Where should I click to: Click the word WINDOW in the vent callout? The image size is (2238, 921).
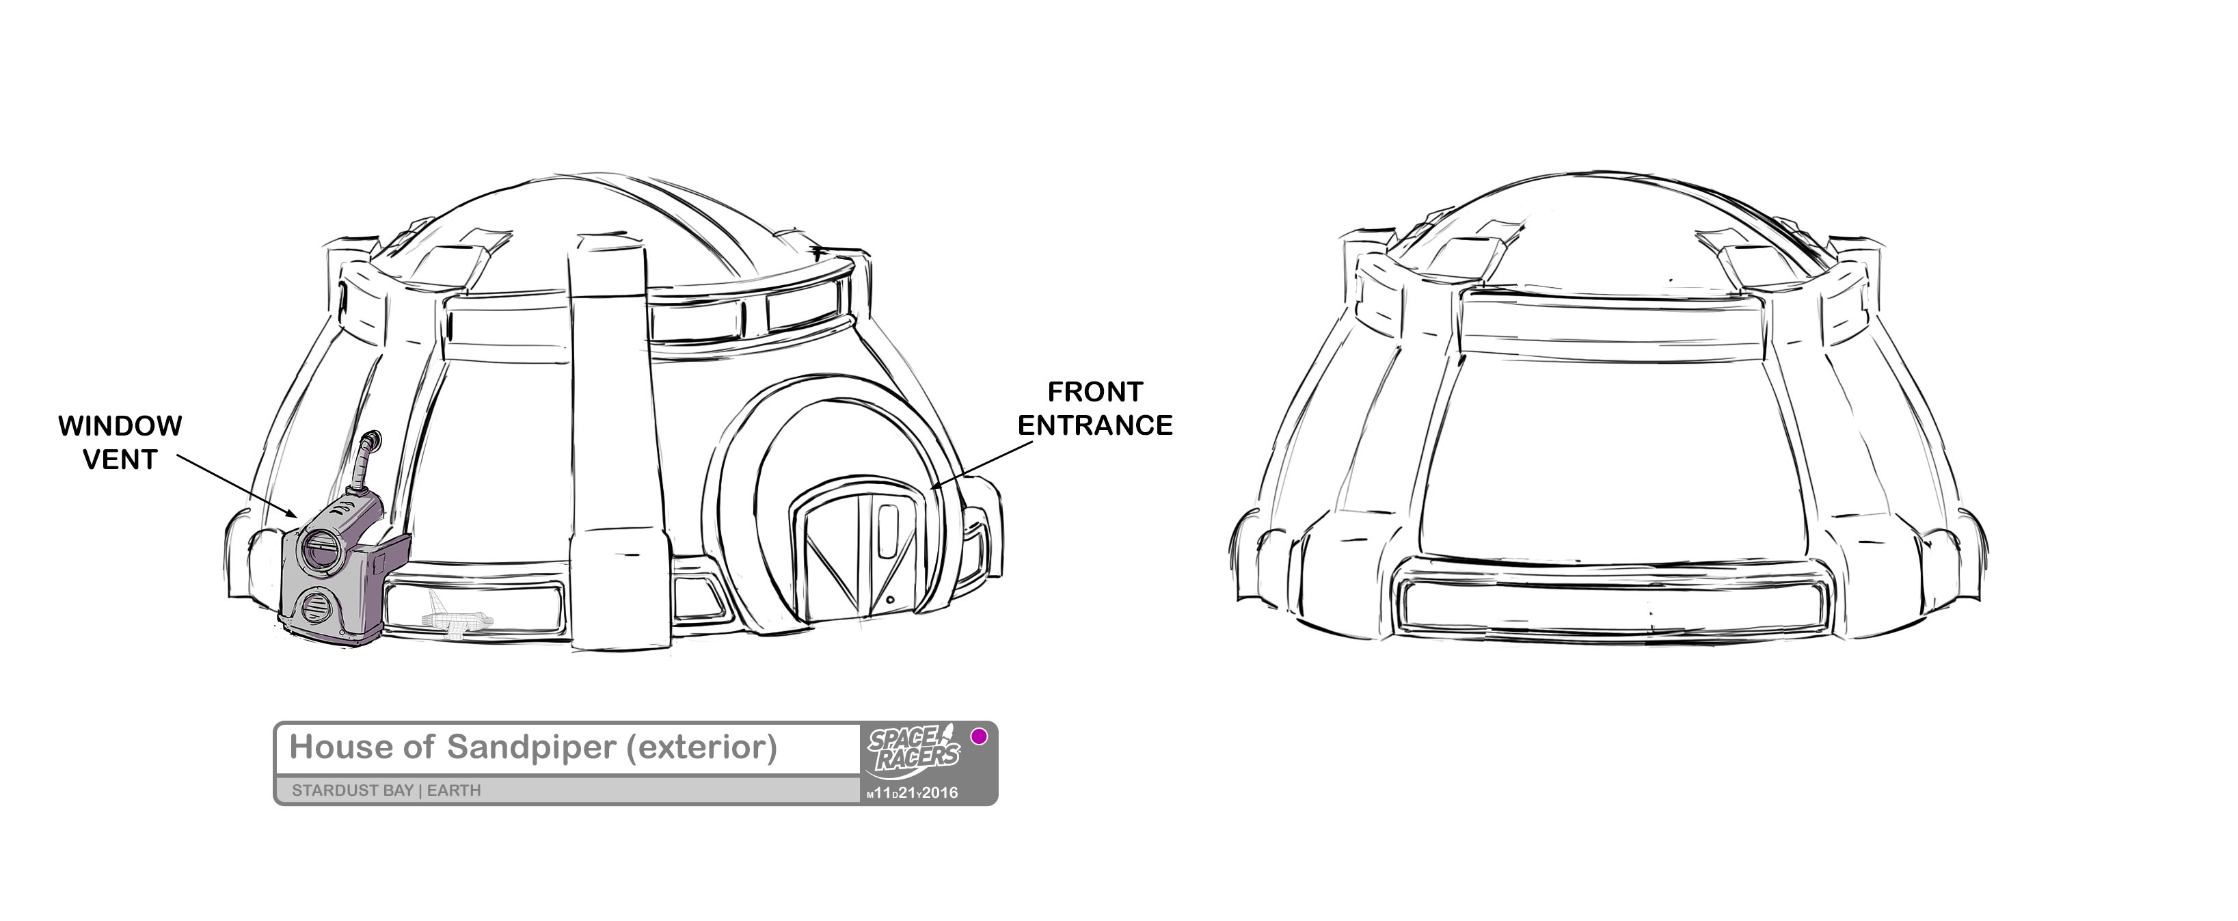(120, 426)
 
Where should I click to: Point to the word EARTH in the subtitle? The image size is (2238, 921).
(453, 790)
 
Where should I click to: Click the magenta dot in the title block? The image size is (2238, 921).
(979, 737)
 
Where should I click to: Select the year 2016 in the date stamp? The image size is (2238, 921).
(939, 792)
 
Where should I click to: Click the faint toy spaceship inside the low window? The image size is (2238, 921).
(455, 619)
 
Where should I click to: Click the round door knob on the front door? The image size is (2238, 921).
(891, 600)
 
